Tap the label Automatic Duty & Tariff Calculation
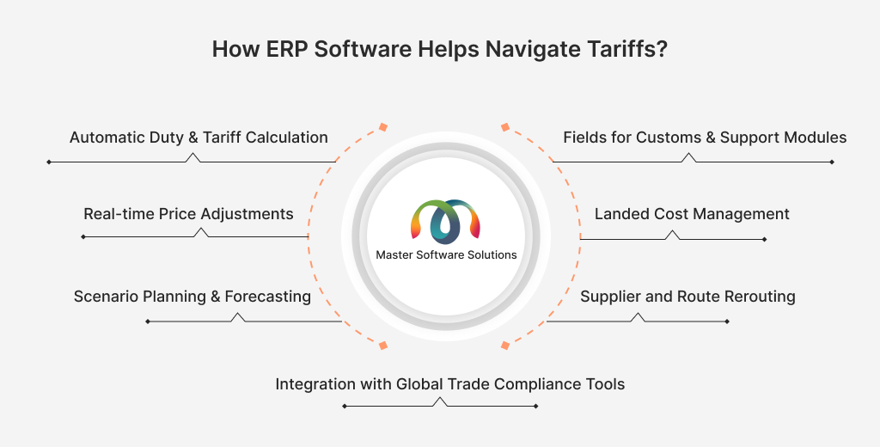pos(199,138)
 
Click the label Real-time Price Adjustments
pos(188,214)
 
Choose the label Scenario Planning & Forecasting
pos(192,297)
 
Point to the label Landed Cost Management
pos(692,214)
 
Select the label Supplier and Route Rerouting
pos(687,297)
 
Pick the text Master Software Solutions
pos(446,254)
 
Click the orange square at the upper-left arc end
pos(383,127)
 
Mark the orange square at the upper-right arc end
pos(505,127)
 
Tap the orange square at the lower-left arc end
pos(383,346)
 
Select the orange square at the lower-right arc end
pos(505,346)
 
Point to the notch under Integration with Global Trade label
pos(440,401)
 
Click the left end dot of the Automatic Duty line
pos(49,162)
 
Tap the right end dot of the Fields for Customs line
pos(832,162)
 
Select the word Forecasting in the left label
pos(268,297)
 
